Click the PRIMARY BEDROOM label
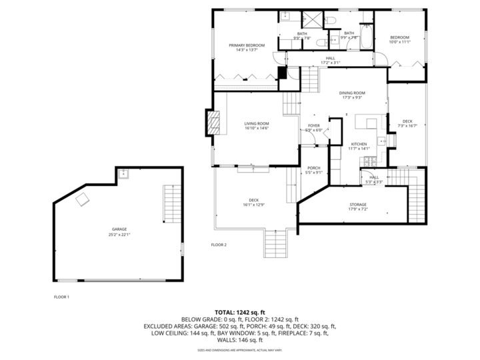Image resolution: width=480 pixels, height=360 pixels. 247,45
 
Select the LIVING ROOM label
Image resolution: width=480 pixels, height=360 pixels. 256,123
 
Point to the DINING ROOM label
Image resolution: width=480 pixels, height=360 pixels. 352,93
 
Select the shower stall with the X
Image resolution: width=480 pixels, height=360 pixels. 312,19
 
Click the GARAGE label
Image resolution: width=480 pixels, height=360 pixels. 119,229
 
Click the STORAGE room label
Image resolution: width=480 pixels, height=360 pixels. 358,205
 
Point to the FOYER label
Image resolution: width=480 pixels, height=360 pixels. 314,125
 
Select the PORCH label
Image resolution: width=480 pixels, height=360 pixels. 313,168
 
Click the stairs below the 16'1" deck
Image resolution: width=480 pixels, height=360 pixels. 275,243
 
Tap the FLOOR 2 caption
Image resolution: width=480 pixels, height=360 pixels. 219,245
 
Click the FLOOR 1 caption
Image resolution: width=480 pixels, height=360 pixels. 61,297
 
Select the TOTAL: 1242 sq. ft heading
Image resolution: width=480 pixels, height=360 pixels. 239,312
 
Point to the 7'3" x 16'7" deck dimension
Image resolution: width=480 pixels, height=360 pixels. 407,125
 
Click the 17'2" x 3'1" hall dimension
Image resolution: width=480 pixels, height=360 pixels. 331,63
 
